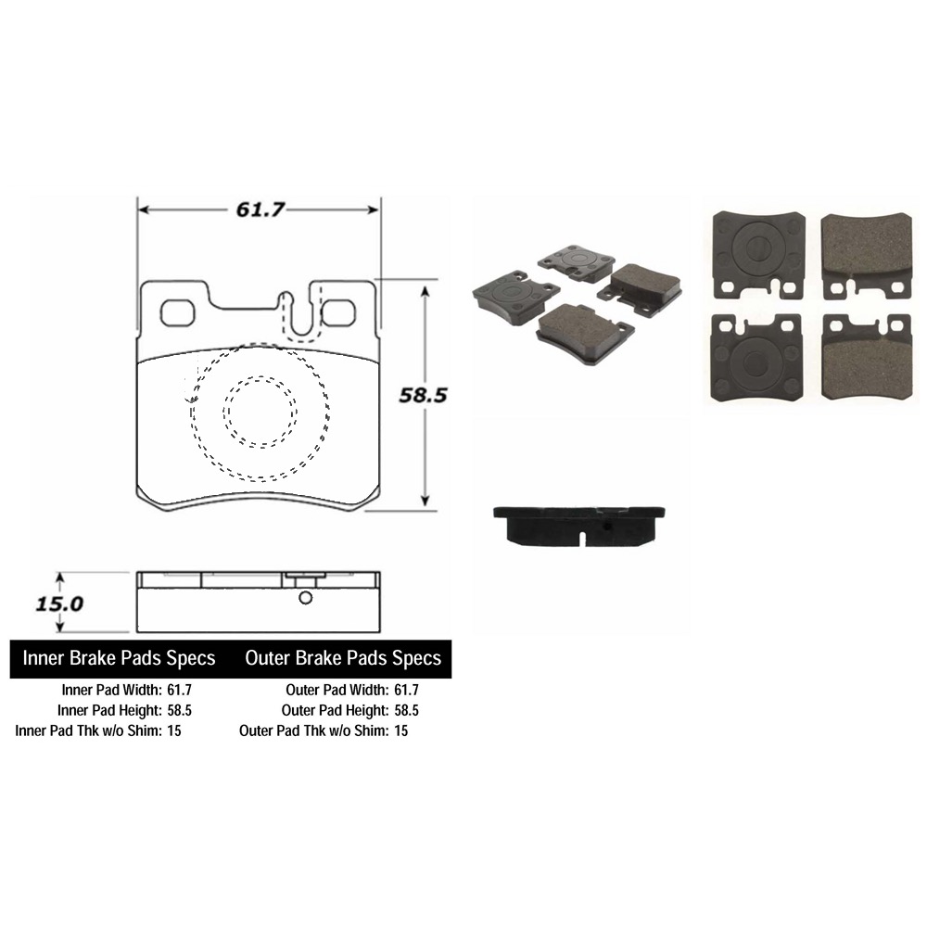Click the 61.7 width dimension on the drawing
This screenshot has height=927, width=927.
coord(259,210)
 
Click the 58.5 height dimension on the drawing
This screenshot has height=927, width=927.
coord(423,395)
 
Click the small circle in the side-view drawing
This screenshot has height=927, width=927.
coord(303,599)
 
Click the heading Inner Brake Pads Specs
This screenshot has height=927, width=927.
coord(119,658)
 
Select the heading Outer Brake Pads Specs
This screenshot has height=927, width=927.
coord(343,658)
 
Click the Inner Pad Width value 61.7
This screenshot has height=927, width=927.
coord(180,690)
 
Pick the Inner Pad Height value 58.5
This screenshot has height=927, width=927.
coord(180,710)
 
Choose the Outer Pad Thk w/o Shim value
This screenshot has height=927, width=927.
coord(400,730)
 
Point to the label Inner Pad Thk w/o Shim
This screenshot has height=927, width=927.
coord(88,730)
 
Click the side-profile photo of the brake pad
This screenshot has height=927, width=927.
coord(580,525)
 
